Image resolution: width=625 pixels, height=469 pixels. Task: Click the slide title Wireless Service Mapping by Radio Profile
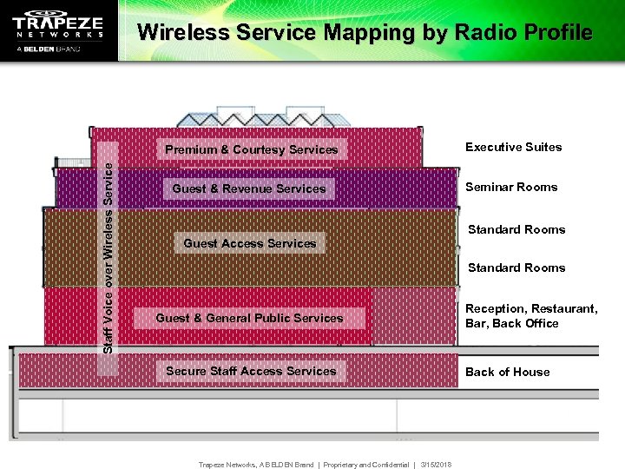(x=365, y=33)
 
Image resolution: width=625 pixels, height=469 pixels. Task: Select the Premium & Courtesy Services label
(x=252, y=149)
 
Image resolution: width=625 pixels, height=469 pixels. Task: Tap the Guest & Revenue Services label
(x=249, y=188)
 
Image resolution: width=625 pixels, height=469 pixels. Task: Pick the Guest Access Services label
(x=250, y=243)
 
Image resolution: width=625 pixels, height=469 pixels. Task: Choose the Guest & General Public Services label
(x=249, y=318)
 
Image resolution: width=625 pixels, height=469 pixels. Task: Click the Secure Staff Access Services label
(x=251, y=371)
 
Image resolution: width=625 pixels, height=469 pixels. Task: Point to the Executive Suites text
(x=513, y=147)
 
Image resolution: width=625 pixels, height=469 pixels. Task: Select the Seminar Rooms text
(x=511, y=187)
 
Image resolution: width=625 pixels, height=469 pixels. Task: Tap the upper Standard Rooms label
(x=516, y=229)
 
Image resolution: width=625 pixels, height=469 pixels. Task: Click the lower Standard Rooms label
(x=516, y=268)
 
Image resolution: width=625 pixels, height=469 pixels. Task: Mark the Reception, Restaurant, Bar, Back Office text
(x=530, y=316)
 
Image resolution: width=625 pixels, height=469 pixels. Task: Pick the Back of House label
(x=507, y=372)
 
